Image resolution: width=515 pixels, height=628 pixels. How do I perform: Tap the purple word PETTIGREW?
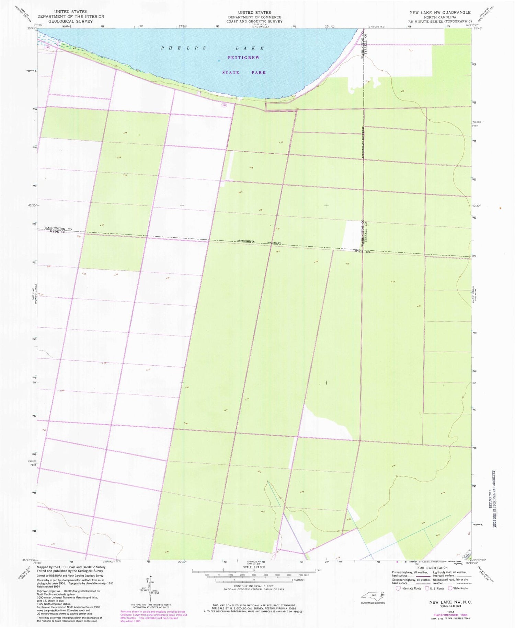pyautogui.click(x=244, y=58)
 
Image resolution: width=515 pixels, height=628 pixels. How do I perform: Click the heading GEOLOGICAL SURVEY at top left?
pyautogui.click(x=70, y=21)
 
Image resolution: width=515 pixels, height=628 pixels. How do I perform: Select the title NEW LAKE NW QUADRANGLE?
pyautogui.click(x=439, y=13)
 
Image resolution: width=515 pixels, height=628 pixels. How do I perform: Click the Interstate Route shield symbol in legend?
pyautogui.click(x=398, y=588)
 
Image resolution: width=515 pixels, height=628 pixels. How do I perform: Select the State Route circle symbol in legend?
pyautogui.click(x=450, y=588)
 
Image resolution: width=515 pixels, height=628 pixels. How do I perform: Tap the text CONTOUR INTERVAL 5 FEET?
pyautogui.click(x=254, y=586)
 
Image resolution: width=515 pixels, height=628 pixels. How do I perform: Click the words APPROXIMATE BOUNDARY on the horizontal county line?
pyautogui.click(x=259, y=242)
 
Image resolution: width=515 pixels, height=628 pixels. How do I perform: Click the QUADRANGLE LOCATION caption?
pyautogui.click(x=373, y=603)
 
